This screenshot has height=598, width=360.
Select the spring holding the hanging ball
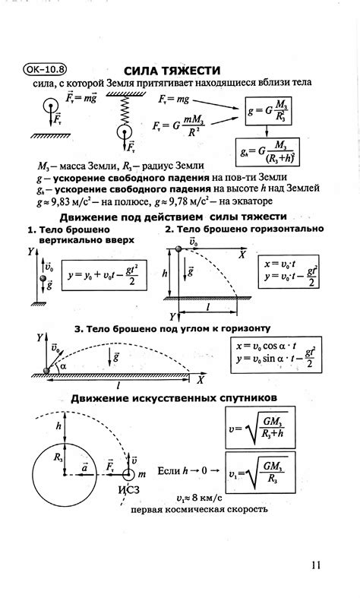pos(122,111)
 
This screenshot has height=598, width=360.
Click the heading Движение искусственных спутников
pos(173,398)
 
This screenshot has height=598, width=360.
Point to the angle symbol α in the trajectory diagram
pos(63,365)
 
